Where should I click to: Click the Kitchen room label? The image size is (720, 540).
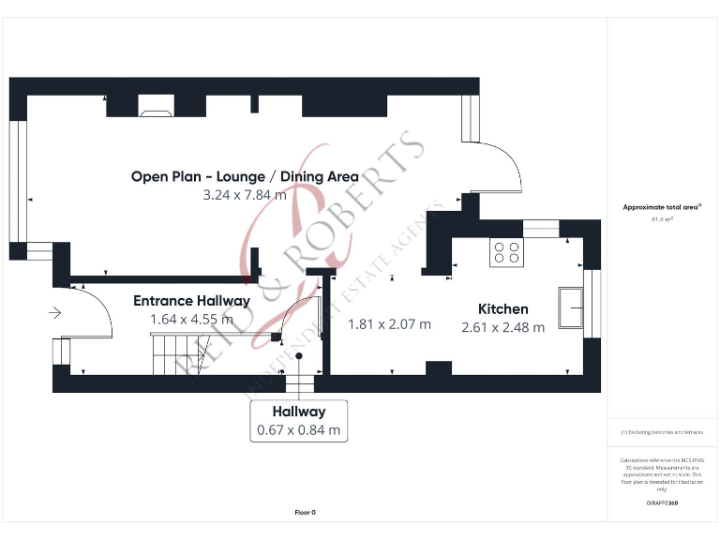(502, 308)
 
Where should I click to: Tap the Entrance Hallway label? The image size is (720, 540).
(191, 301)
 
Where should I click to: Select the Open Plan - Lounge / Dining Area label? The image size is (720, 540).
(245, 176)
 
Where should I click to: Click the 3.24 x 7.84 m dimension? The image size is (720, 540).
(245, 196)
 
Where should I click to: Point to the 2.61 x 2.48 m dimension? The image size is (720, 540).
(502, 328)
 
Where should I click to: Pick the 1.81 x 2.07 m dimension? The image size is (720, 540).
(389, 324)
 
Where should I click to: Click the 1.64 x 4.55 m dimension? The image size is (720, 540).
(191, 320)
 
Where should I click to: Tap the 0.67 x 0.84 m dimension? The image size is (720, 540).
(298, 431)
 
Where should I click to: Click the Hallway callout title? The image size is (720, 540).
(298, 412)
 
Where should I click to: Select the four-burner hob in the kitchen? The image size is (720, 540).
(507, 251)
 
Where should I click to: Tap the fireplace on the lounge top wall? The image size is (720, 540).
(155, 112)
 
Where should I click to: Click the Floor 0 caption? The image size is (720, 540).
(306, 513)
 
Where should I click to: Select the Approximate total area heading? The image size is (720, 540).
(662, 207)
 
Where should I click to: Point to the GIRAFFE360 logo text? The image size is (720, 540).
(662, 503)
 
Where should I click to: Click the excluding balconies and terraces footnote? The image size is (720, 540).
(662, 432)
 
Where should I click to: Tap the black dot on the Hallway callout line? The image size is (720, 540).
(299, 356)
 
